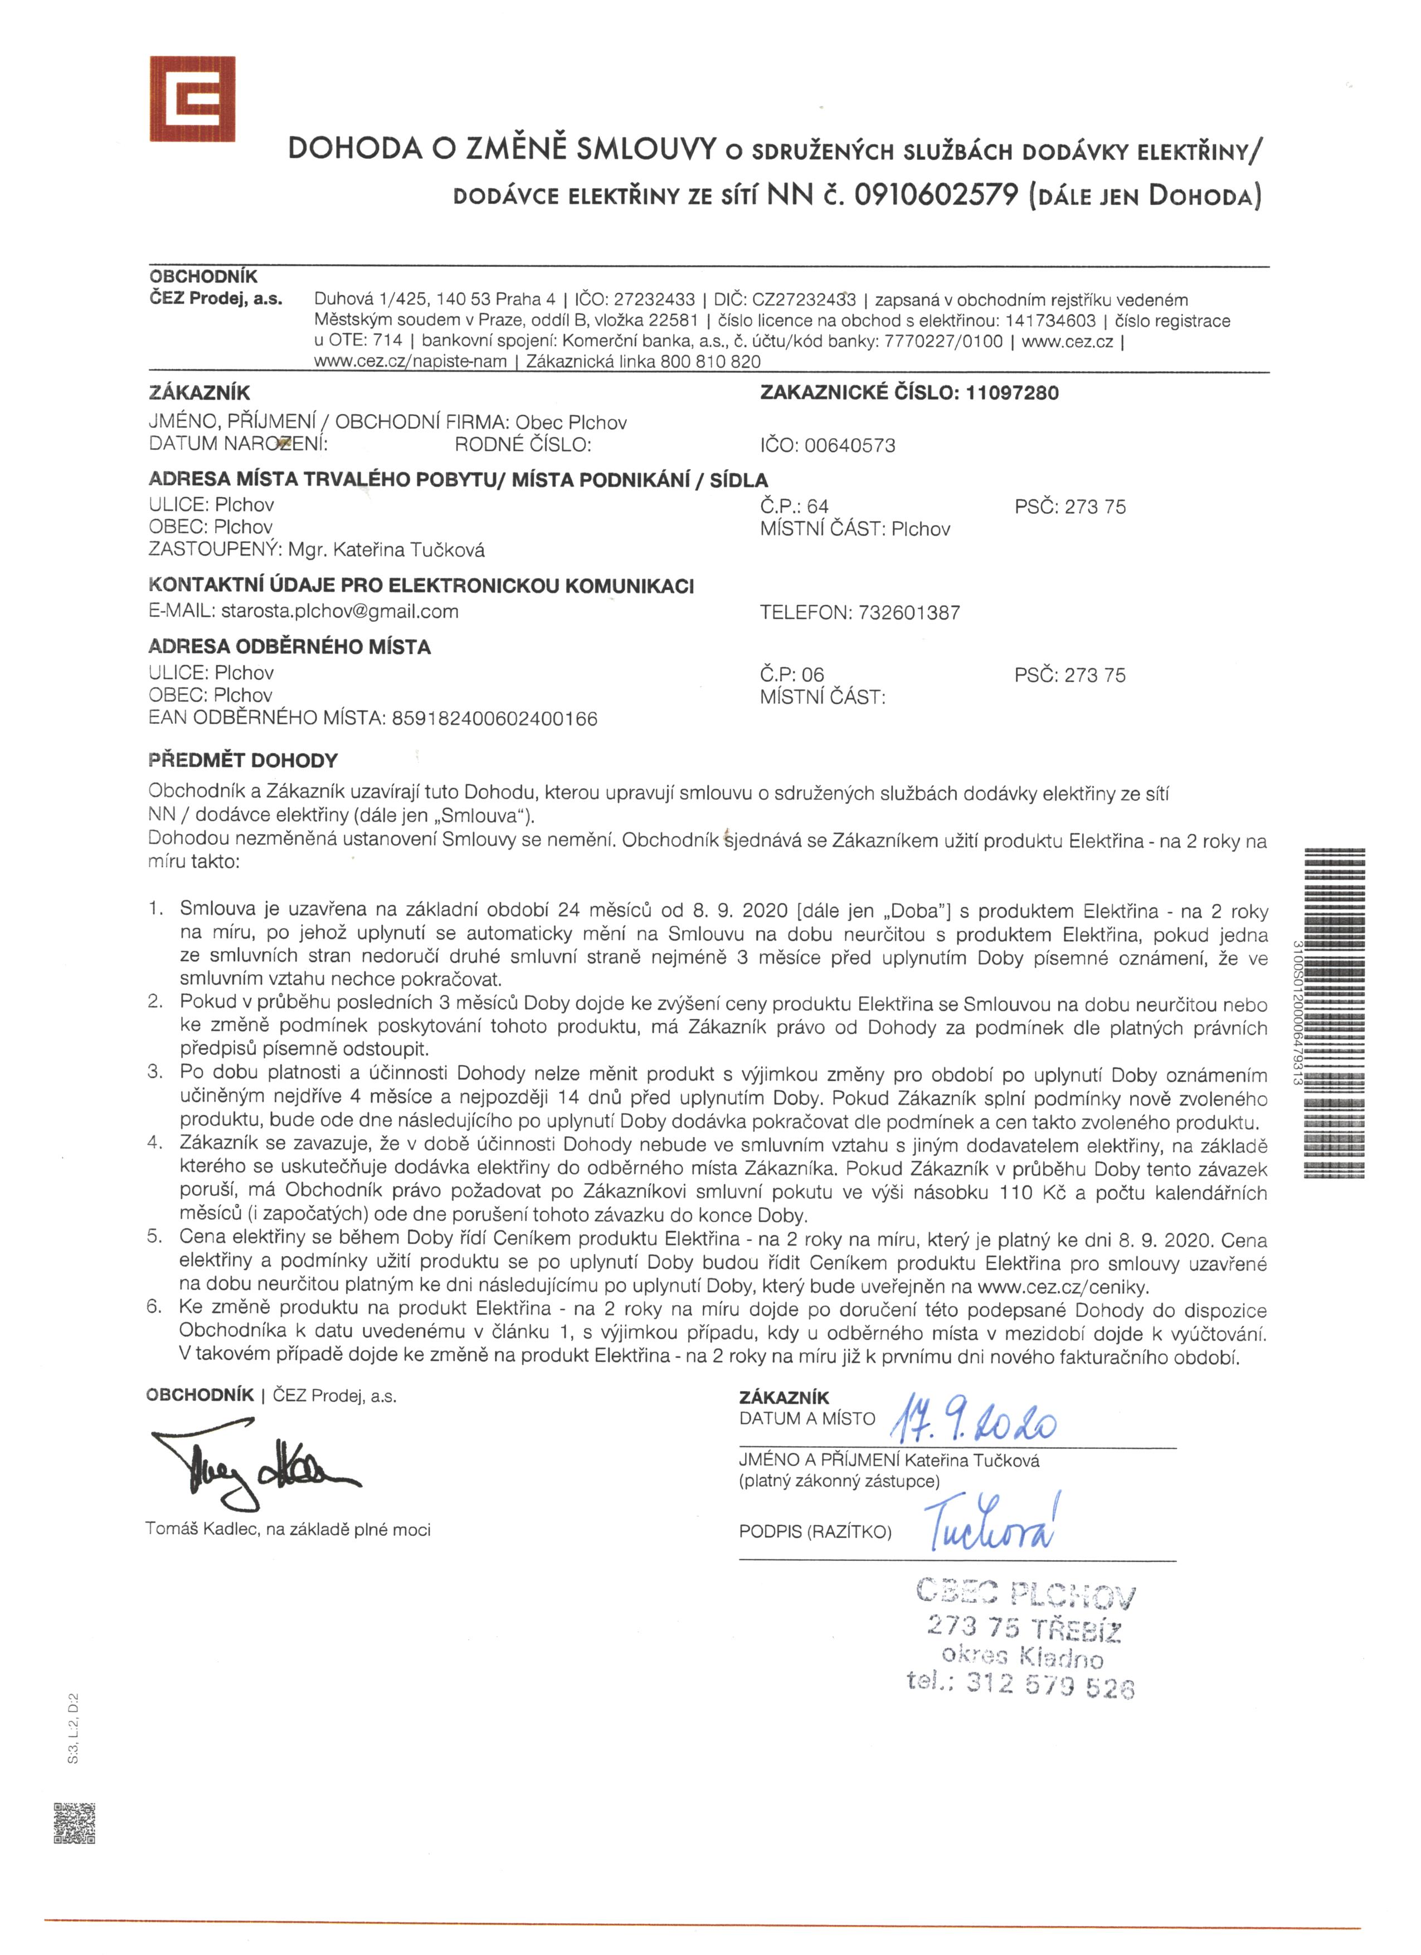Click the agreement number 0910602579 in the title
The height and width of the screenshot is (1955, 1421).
[x=936, y=195]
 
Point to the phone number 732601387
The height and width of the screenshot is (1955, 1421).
[x=909, y=613]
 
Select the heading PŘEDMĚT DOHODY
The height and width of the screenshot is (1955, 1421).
[x=243, y=760]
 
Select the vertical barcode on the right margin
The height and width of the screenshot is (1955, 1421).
[x=1335, y=1013]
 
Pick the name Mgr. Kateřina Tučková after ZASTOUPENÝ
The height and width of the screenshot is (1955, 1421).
[x=386, y=550]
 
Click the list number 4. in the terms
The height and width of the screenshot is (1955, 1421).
[x=155, y=1143]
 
